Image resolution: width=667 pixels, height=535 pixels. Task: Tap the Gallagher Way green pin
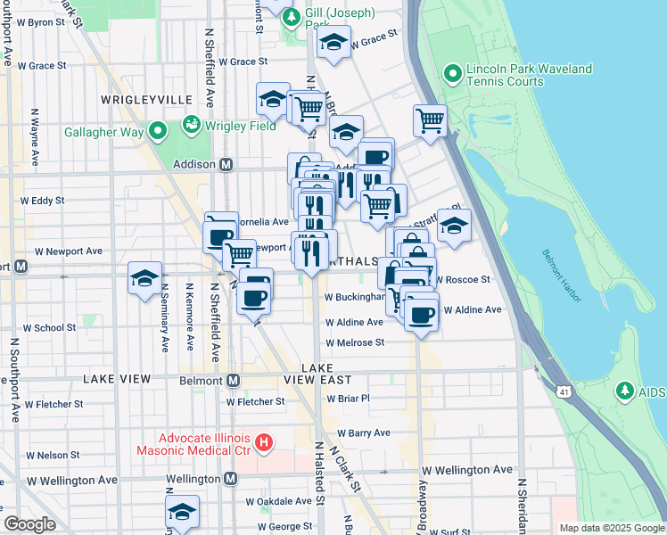point(159,133)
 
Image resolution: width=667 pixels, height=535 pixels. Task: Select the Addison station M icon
point(226,165)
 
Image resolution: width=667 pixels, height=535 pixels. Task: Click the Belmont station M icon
point(234,380)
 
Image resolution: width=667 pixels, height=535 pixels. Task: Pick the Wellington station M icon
point(230,479)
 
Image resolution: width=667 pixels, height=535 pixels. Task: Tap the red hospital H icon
point(263,441)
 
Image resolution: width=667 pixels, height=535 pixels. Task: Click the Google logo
point(29,524)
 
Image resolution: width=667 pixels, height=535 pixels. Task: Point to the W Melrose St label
point(355,342)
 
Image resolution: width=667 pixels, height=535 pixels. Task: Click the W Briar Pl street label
point(347,399)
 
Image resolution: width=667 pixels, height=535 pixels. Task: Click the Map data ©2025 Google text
point(611,528)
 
